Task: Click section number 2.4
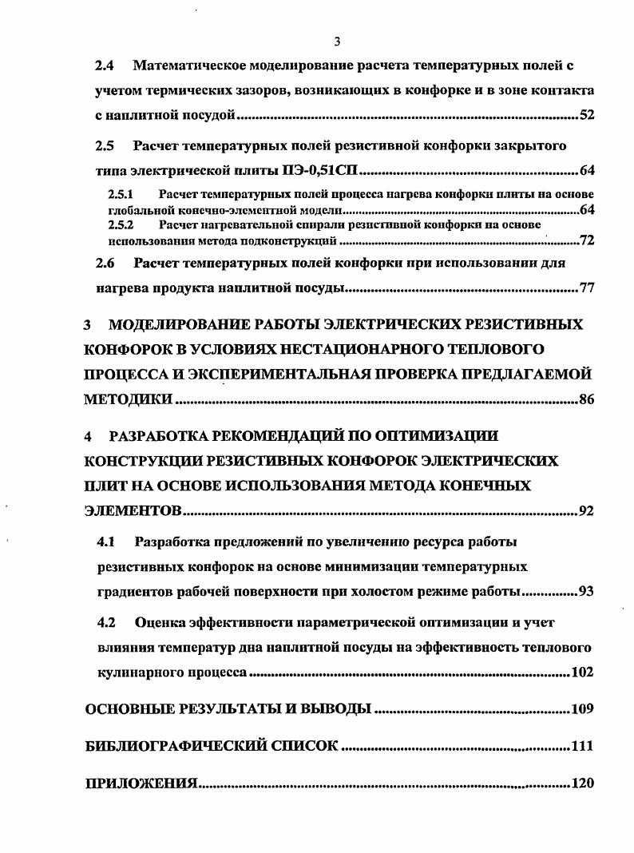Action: (x=105, y=64)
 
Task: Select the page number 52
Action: (x=587, y=115)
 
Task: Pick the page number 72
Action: (x=587, y=240)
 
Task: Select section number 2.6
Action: (x=105, y=262)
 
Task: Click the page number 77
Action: (x=587, y=288)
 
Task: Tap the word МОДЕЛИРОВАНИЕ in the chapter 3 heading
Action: (x=194, y=324)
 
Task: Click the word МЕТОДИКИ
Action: (x=128, y=400)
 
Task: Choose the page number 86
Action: (x=587, y=400)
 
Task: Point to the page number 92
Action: (x=587, y=511)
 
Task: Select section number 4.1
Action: (x=106, y=542)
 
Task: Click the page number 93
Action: (x=587, y=592)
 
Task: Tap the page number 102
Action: (x=583, y=672)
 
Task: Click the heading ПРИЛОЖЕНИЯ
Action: (x=141, y=784)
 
